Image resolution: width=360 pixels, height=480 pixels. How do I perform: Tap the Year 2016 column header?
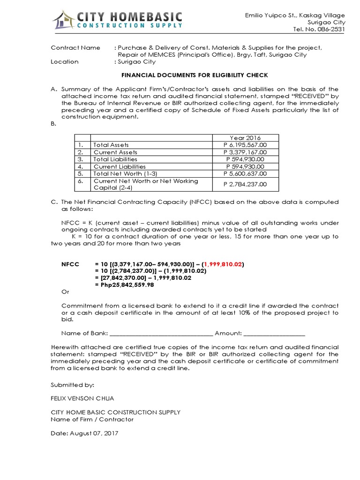246,138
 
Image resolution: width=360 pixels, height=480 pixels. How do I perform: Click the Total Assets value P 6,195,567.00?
246,145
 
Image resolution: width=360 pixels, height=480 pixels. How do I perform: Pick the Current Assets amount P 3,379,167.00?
246,152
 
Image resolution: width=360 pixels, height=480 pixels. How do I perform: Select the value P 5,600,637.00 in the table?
246,174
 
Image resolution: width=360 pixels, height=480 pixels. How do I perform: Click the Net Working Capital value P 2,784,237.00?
246,184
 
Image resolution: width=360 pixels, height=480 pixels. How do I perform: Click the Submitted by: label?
72,384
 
